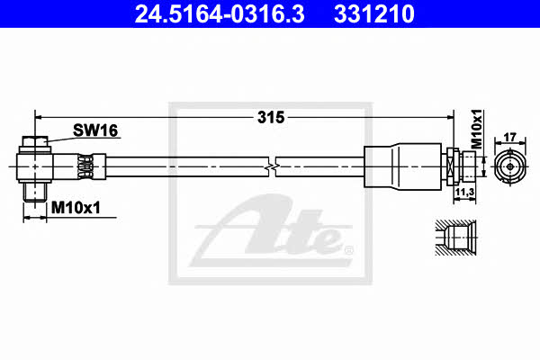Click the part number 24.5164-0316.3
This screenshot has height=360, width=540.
click(220, 13)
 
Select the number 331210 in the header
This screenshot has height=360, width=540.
click(374, 13)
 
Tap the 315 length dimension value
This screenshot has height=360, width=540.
click(271, 118)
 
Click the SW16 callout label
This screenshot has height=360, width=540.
click(95, 130)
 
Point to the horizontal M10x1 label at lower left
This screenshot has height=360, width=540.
click(76, 208)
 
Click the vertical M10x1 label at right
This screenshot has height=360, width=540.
click(477, 130)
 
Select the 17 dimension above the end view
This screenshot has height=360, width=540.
click(509, 137)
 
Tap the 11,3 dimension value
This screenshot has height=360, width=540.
click(464, 193)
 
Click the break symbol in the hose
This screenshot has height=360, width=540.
click(272, 166)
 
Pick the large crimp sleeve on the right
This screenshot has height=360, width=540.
click(402, 166)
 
